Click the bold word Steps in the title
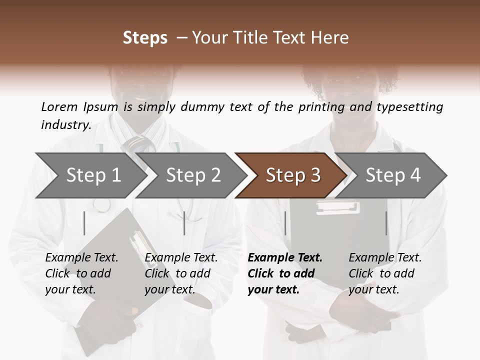click(x=145, y=38)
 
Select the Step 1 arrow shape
click(x=90, y=175)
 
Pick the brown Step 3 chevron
click(x=293, y=175)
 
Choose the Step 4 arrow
click(x=393, y=175)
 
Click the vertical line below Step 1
click(x=84, y=223)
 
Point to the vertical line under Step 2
click(x=184, y=223)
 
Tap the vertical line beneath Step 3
click(x=285, y=223)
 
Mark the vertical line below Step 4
click(x=386, y=223)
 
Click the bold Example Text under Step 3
click(x=285, y=258)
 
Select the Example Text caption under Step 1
click(x=81, y=258)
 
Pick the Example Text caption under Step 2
click(x=181, y=258)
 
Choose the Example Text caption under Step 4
click(x=385, y=258)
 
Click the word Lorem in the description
click(x=59, y=106)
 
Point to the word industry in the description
click(x=66, y=124)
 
